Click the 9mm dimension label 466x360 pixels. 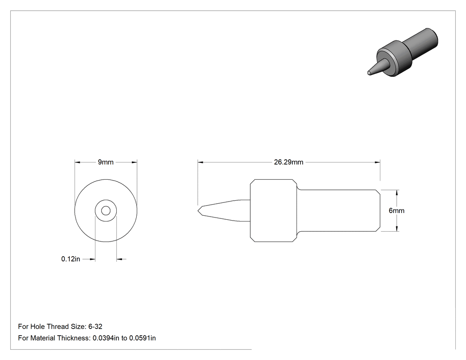[x=106, y=162]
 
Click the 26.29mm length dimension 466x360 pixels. [x=288, y=162]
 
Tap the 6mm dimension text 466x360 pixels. [x=396, y=211]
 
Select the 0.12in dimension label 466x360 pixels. [x=71, y=259]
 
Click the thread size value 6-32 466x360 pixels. [x=95, y=327]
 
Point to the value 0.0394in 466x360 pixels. [x=106, y=338]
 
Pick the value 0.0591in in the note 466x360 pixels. [x=142, y=338]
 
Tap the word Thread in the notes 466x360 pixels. [x=58, y=327]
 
